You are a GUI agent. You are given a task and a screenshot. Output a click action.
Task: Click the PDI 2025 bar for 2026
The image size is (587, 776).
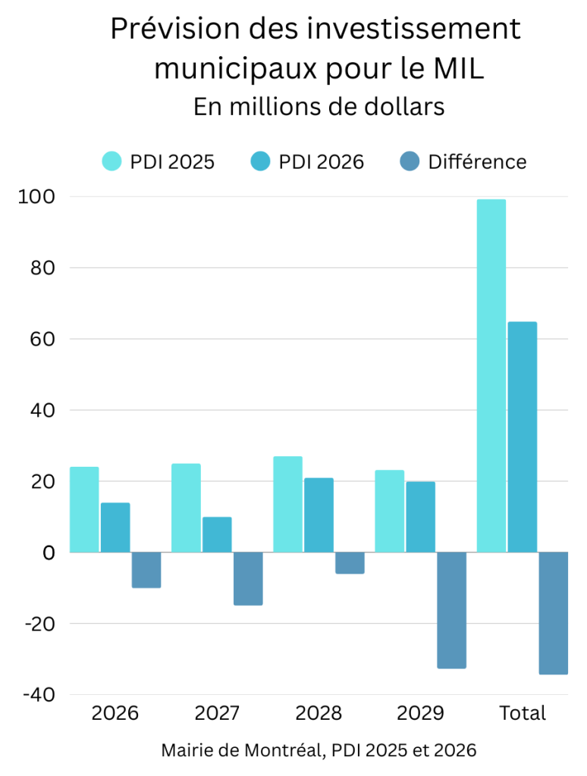tap(84, 509)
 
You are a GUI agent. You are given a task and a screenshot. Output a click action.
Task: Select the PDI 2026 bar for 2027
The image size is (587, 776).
tap(217, 534)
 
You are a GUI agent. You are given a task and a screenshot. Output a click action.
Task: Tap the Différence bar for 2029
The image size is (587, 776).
tap(451, 610)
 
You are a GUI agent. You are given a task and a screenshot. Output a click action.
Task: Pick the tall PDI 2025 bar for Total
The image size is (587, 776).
tap(491, 376)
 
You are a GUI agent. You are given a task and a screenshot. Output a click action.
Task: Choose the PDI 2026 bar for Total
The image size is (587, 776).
tap(523, 437)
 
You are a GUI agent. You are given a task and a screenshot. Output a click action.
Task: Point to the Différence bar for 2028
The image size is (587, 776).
tap(350, 563)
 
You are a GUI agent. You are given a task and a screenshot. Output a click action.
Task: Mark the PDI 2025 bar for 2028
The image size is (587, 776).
tap(287, 504)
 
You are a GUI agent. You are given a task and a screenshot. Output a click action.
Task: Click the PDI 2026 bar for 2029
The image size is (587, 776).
tap(421, 517)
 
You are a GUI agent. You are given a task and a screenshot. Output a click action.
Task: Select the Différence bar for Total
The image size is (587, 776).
tap(554, 613)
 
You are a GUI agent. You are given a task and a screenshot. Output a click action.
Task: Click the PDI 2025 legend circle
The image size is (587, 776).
tap(112, 161)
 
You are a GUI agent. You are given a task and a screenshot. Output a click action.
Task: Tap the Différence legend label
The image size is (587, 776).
tap(477, 161)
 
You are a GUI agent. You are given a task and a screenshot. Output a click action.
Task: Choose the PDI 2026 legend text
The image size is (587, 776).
tap(322, 161)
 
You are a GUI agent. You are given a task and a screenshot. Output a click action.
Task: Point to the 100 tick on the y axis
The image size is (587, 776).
tap(38, 197)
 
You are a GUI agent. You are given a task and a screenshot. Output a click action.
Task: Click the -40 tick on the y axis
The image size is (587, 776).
tap(38, 695)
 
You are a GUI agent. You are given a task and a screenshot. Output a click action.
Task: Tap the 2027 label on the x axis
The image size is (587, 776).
tap(217, 713)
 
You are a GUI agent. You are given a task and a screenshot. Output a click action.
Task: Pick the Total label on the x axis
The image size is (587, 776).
tap(523, 713)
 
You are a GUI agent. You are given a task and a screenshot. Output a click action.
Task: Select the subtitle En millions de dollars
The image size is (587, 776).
tap(319, 107)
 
